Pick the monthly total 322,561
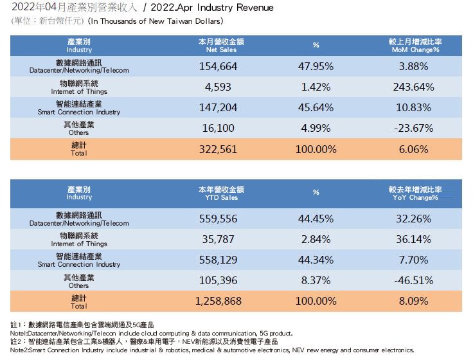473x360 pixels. click(219, 148)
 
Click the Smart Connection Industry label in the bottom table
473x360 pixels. click(79, 260)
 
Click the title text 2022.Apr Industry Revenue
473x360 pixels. click(206, 8)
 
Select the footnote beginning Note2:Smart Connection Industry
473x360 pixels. click(212, 350)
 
